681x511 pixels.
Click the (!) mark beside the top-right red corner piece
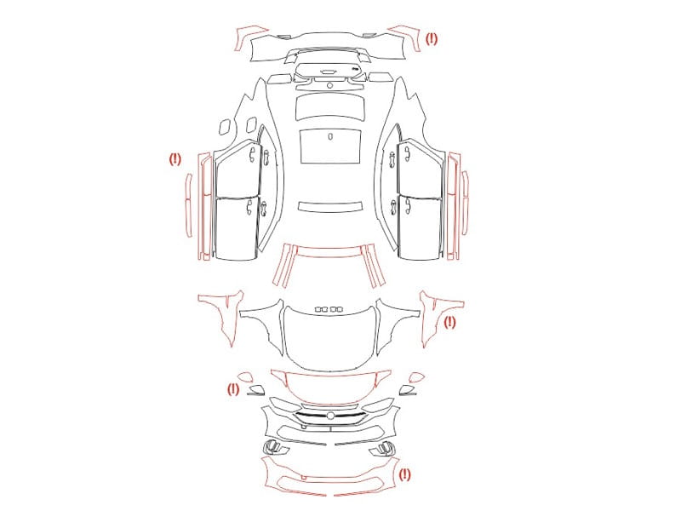432,39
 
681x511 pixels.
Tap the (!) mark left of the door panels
175,159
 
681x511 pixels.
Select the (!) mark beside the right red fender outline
449,323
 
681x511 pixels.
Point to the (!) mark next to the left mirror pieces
233,389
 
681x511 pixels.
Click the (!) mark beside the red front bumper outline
405,474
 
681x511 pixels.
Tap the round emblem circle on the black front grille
330,416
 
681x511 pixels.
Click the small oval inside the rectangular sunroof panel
330,136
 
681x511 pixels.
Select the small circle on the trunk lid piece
329,85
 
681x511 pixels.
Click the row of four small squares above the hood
329,309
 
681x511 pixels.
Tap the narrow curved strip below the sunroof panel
330,206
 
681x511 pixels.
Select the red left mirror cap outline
244,376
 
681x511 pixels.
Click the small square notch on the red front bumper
304,478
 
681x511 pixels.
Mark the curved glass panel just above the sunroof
329,107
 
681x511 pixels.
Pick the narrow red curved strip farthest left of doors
189,205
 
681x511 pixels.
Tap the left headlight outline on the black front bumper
284,405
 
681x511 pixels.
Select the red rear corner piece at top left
249,37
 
